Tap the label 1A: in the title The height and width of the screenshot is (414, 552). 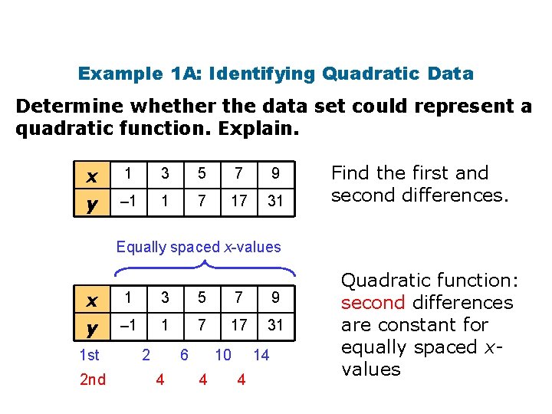click(x=184, y=74)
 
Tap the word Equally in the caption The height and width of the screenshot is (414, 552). click(x=141, y=247)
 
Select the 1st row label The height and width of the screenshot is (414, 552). click(x=90, y=355)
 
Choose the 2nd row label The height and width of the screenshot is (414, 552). click(x=92, y=379)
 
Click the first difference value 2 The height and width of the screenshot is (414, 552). click(x=146, y=355)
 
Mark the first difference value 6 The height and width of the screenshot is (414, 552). click(x=184, y=355)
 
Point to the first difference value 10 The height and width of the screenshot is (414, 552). click(x=223, y=355)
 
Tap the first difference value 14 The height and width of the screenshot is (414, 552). click(x=261, y=355)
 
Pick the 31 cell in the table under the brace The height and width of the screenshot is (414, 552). click(x=275, y=325)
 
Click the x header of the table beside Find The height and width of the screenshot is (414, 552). click(x=92, y=176)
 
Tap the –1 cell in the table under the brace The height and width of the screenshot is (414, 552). click(x=129, y=325)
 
